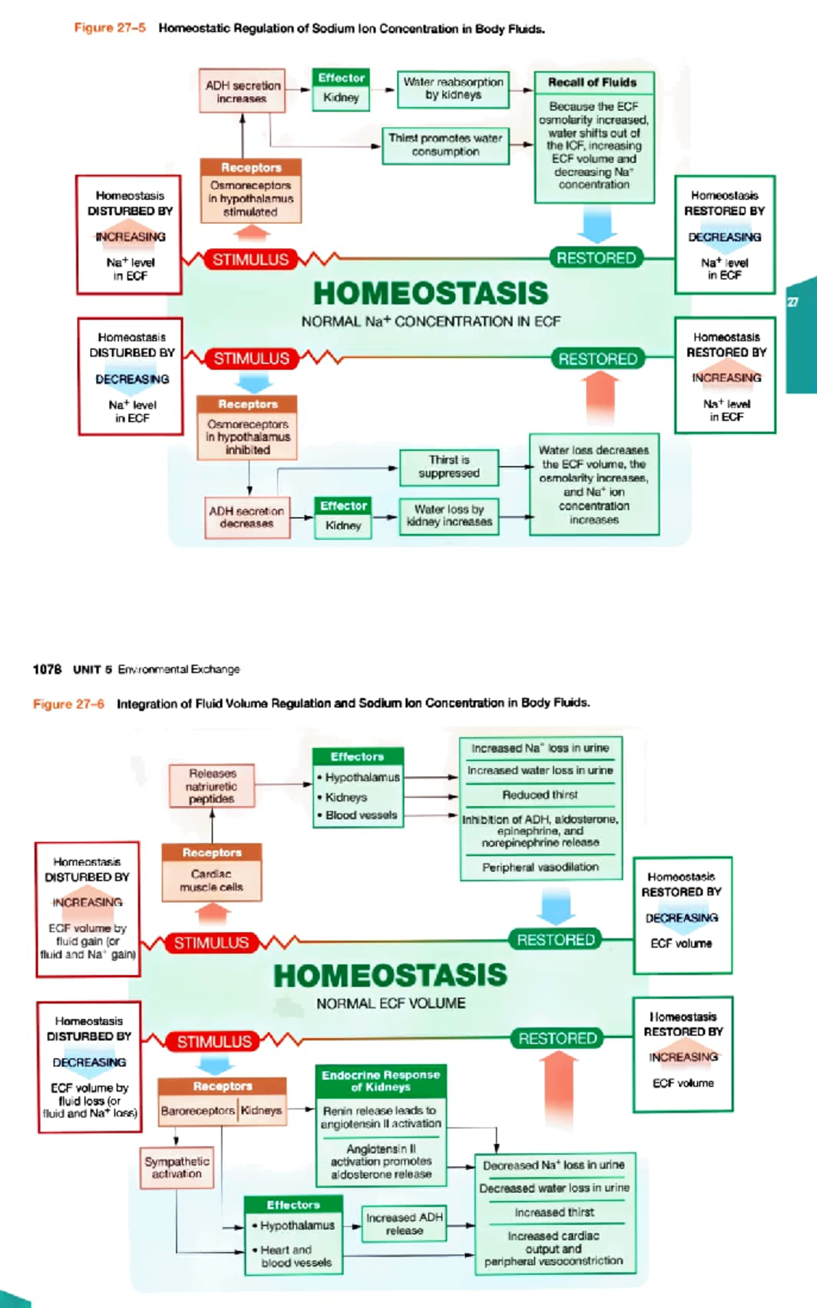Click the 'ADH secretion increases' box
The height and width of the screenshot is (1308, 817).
point(242,91)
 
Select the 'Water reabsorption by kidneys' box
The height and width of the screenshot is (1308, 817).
point(453,89)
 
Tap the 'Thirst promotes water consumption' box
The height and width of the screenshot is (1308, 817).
point(445,145)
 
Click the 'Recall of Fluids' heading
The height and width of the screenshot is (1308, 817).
point(593,82)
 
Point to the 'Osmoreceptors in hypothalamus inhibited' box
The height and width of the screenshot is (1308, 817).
point(248,436)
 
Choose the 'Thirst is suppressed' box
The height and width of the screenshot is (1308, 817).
point(449,466)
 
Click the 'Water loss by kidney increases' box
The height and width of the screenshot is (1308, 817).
point(449,515)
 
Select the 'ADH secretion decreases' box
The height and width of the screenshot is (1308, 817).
point(246,517)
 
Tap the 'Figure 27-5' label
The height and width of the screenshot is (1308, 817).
point(110,28)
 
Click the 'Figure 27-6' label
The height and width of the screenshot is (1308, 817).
point(69,703)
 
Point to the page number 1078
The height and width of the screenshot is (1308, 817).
point(47,669)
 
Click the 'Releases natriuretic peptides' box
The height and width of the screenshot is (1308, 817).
point(212,786)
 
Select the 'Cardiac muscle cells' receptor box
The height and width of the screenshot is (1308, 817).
point(211,880)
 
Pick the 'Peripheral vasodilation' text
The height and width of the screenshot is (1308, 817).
point(541,867)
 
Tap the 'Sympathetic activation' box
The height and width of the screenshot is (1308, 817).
point(176,1168)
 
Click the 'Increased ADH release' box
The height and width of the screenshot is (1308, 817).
point(404,1224)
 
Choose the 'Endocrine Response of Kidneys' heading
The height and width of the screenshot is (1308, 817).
point(381,1081)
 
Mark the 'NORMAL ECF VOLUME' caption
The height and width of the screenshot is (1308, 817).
point(391,1003)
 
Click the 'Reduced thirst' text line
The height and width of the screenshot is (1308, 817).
point(540,795)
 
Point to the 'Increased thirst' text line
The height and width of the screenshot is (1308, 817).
point(554,1212)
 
